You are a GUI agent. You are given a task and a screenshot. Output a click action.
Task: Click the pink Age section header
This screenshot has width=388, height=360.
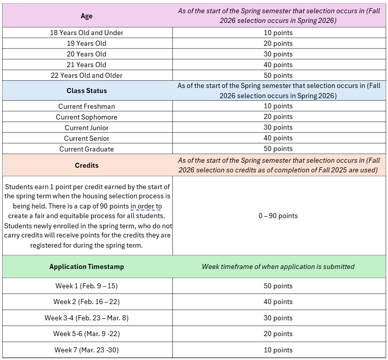click(86, 16)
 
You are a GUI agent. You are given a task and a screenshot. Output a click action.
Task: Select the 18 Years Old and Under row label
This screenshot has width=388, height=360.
click(86, 33)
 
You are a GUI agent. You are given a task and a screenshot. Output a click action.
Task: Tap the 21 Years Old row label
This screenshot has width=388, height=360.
click(86, 65)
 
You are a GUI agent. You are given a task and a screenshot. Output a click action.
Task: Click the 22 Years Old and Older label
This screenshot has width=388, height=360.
click(86, 75)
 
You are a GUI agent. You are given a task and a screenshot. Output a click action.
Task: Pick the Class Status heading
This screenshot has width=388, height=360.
click(86, 91)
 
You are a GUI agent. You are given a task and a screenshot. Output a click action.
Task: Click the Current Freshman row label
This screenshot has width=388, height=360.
click(86, 106)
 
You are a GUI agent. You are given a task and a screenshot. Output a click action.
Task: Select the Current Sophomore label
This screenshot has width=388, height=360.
click(86, 117)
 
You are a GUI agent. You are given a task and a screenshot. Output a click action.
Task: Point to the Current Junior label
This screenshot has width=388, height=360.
click(86, 128)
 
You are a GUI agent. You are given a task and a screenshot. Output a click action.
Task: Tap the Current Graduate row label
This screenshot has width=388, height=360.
click(86, 149)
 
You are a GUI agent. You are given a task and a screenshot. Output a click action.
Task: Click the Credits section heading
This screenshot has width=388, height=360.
click(86, 165)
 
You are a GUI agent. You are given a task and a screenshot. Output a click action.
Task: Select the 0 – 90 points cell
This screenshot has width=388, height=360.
click(278, 216)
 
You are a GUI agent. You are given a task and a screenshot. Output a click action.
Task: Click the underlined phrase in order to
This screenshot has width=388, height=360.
click(146, 206)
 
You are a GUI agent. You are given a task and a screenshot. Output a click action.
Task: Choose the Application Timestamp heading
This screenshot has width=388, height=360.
click(86, 266)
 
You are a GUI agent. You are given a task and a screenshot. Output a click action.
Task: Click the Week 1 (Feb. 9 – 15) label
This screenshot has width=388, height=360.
click(86, 286)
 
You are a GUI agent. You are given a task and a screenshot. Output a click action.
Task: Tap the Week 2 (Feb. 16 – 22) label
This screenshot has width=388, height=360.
click(86, 302)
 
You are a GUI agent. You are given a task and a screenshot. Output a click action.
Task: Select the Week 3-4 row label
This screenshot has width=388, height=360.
click(86, 318)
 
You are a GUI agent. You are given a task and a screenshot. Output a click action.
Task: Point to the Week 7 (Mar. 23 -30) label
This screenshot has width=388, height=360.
click(86, 350)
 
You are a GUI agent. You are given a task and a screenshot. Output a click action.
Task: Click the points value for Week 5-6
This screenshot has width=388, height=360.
click(278, 334)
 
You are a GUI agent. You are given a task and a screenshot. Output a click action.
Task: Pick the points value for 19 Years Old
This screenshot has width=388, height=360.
click(278, 43)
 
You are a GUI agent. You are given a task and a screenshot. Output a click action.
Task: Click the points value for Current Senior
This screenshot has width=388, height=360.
click(278, 138)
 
